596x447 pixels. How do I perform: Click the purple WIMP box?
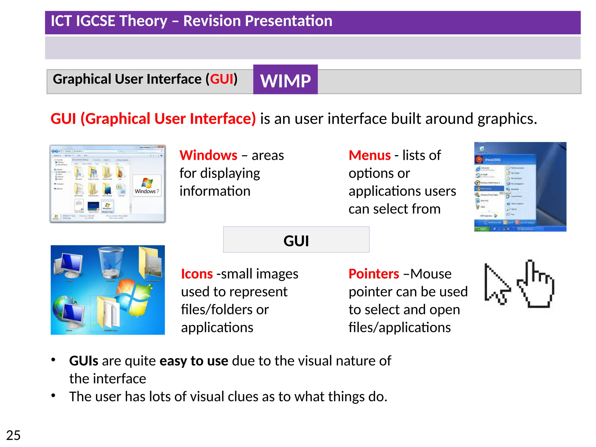[x=285, y=80]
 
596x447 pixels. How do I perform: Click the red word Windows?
[x=208, y=155]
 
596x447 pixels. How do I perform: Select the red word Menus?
[x=370, y=155]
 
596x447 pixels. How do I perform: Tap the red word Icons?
[x=197, y=274]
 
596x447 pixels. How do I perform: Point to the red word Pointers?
[x=374, y=274]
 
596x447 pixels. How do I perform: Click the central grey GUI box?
[x=296, y=240]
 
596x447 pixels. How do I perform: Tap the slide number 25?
[x=13, y=435]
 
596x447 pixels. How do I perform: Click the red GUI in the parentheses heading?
[x=222, y=79]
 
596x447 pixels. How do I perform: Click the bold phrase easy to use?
[x=194, y=361]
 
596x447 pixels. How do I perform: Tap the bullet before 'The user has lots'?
[x=53, y=395]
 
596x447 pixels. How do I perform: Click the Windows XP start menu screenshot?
[x=520, y=187]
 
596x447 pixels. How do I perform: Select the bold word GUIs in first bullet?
[x=84, y=361]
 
